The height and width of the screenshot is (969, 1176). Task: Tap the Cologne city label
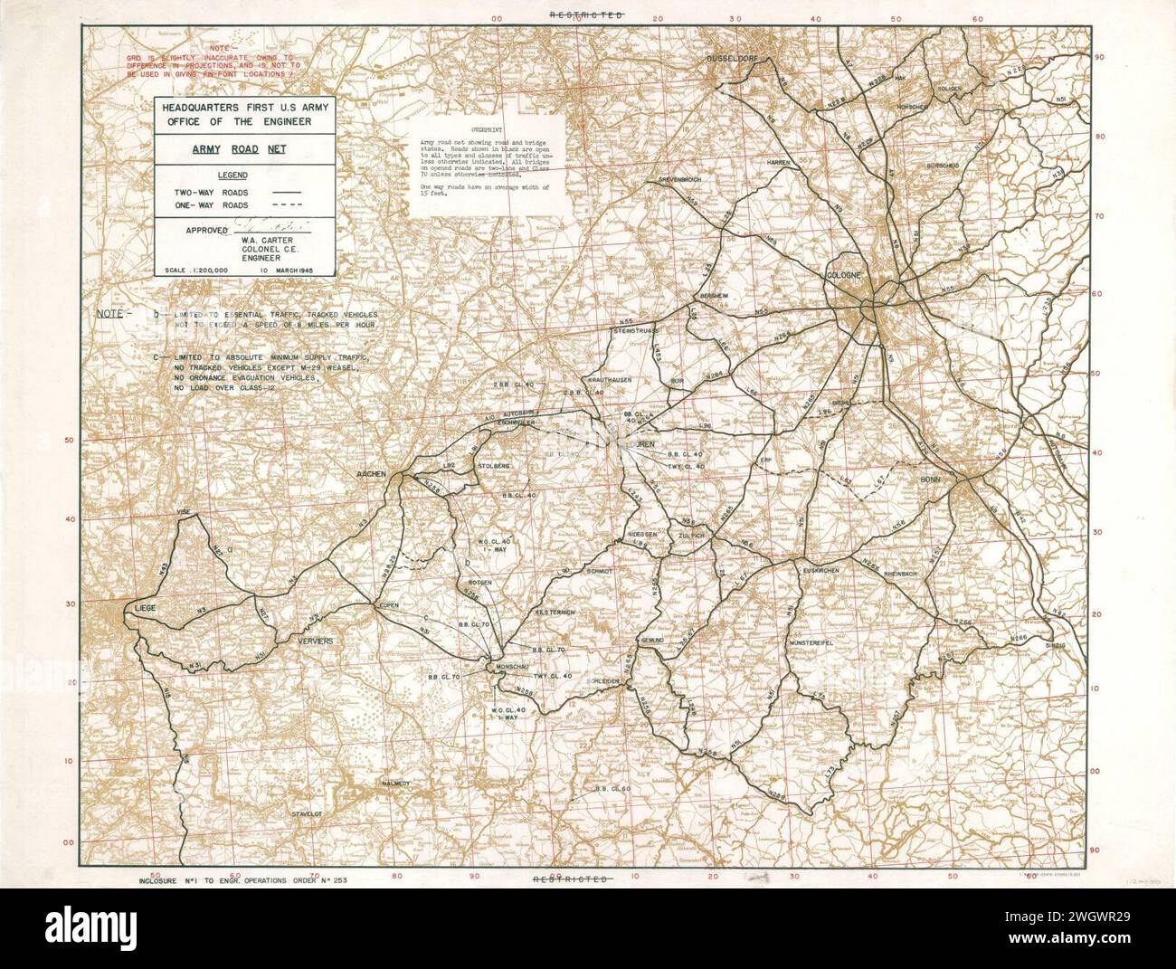(847, 274)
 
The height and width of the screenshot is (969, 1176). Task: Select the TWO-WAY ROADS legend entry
(214, 192)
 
